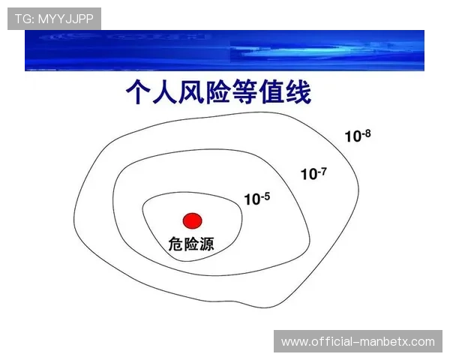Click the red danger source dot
tap(193, 220)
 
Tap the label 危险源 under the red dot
tap(190, 244)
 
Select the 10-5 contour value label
tap(256, 199)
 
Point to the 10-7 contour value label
tap(313, 173)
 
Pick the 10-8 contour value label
tap(358, 136)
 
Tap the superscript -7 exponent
tap(322, 171)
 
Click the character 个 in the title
tap(141, 94)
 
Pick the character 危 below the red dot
tap(175, 244)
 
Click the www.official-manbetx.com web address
tap(358, 342)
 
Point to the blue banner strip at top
tap(225, 50)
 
